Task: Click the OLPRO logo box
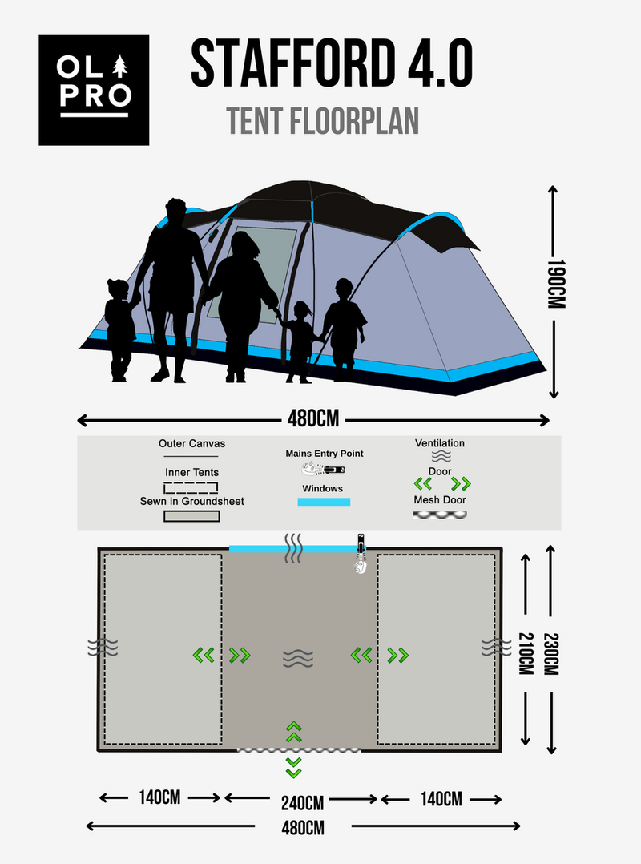pos(94,91)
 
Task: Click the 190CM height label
pos(555,284)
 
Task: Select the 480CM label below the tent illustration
pos(313,419)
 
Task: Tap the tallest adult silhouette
pos(171,290)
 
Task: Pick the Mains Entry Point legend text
pos(325,454)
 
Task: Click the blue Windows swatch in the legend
pos(324,502)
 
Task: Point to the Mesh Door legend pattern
pos(440,515)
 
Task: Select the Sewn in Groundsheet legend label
pos(191,502)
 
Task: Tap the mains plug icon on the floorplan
pos(360,554)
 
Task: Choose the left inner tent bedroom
pos(163,649)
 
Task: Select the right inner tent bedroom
pos(436,649)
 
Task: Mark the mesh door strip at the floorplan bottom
pos(299,750)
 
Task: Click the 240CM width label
pos(302,803)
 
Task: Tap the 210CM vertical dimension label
pos(526,653)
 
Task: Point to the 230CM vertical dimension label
pos(551,654)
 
